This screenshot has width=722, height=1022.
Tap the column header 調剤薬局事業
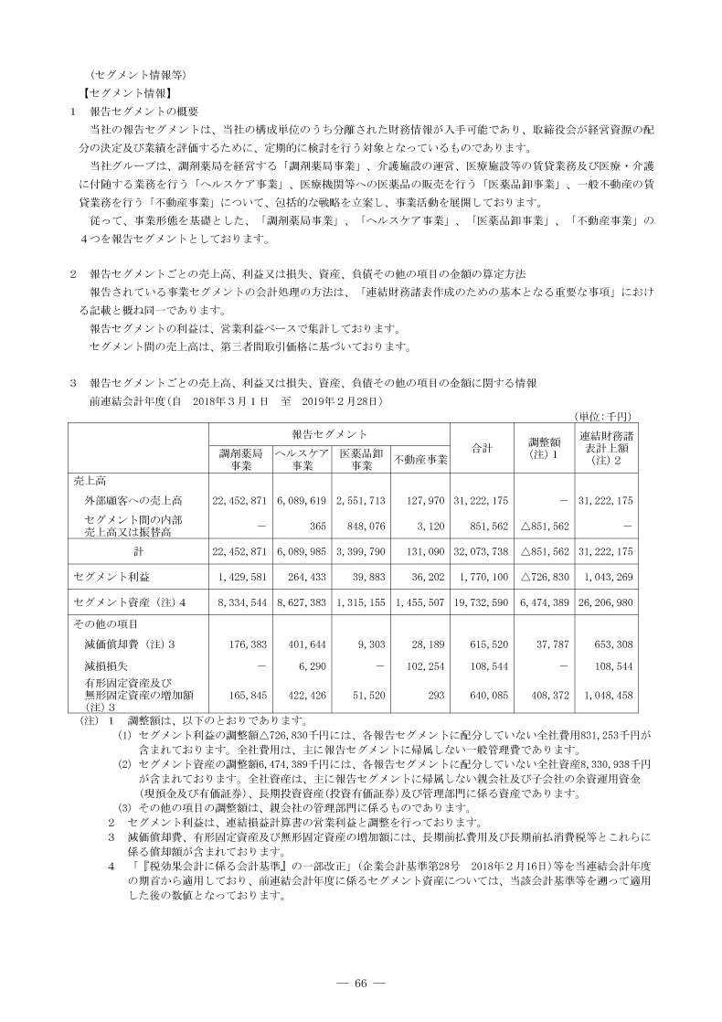point(241,459)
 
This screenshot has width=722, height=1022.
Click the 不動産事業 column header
point(420,459)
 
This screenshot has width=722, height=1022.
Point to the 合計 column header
point(482,447)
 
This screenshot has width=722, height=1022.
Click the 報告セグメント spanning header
point(330,432)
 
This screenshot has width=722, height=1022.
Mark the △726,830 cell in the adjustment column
point(542,578)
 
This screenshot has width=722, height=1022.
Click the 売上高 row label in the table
point(90,481)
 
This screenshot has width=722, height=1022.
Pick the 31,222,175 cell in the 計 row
point(604,552)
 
